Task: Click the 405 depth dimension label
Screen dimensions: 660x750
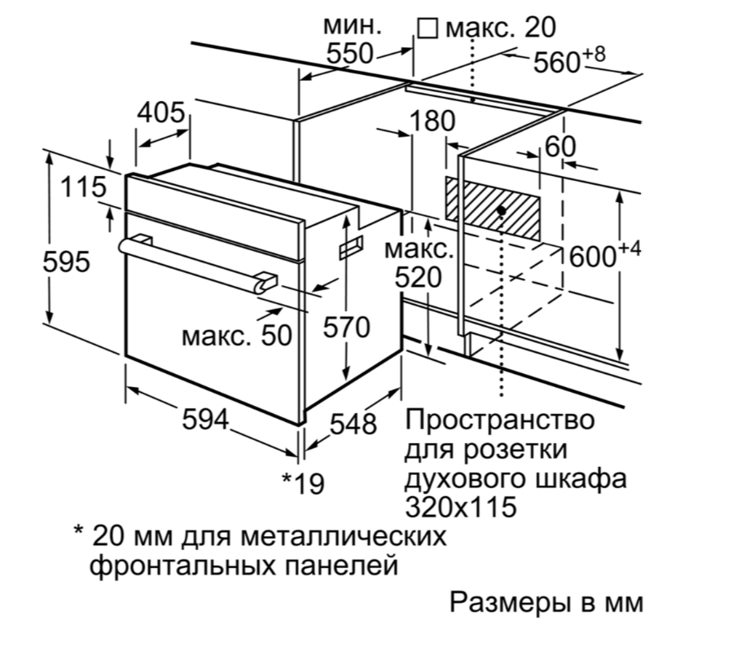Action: [161, 112]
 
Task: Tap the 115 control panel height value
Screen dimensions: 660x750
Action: [83, 187]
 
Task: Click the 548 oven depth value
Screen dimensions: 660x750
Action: [353, 424]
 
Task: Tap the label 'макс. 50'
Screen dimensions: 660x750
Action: [237, 336]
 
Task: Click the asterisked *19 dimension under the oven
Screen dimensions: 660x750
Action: [303, 483]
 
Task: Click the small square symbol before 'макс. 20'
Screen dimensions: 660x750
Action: [428, 29]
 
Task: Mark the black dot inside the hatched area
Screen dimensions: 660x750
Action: [499, 209]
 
